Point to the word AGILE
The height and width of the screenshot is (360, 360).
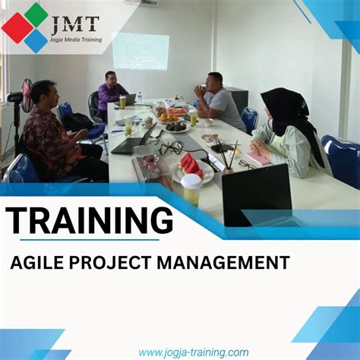[40, 263]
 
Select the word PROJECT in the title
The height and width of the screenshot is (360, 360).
[118, 263]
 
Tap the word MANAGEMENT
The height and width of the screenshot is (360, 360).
[229, 263]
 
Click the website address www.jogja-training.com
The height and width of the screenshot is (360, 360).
[194, 352]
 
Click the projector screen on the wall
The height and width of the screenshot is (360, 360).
[141, 52]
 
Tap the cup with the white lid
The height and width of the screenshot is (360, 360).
[191, 189]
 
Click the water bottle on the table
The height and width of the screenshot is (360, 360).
[139, 97]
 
